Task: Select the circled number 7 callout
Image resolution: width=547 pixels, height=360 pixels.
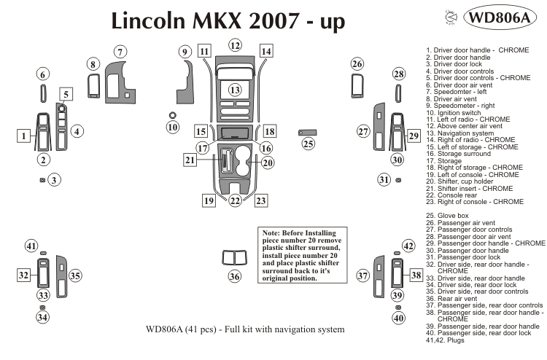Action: tap(120, 51)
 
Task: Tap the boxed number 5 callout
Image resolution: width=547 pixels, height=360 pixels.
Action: tap(66, 93)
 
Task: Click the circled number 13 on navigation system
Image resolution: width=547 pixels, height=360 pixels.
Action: tap(234, 90)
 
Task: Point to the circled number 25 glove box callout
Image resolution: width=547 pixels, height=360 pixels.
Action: tap(309, 144)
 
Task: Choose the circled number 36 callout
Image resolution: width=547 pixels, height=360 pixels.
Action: tap(234, 276)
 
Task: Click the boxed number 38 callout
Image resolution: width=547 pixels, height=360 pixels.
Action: tap(416, 275)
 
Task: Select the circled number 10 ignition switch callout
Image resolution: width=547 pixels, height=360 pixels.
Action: tap(172, 128)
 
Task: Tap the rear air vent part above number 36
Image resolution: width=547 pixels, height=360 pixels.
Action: tap(234, 257)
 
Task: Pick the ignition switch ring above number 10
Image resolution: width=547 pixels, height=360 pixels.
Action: tap(172, 115)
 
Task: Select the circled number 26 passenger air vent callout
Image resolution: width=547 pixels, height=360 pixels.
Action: tap(357, 64)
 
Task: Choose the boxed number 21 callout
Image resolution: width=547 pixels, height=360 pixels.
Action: tap(190, 160)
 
